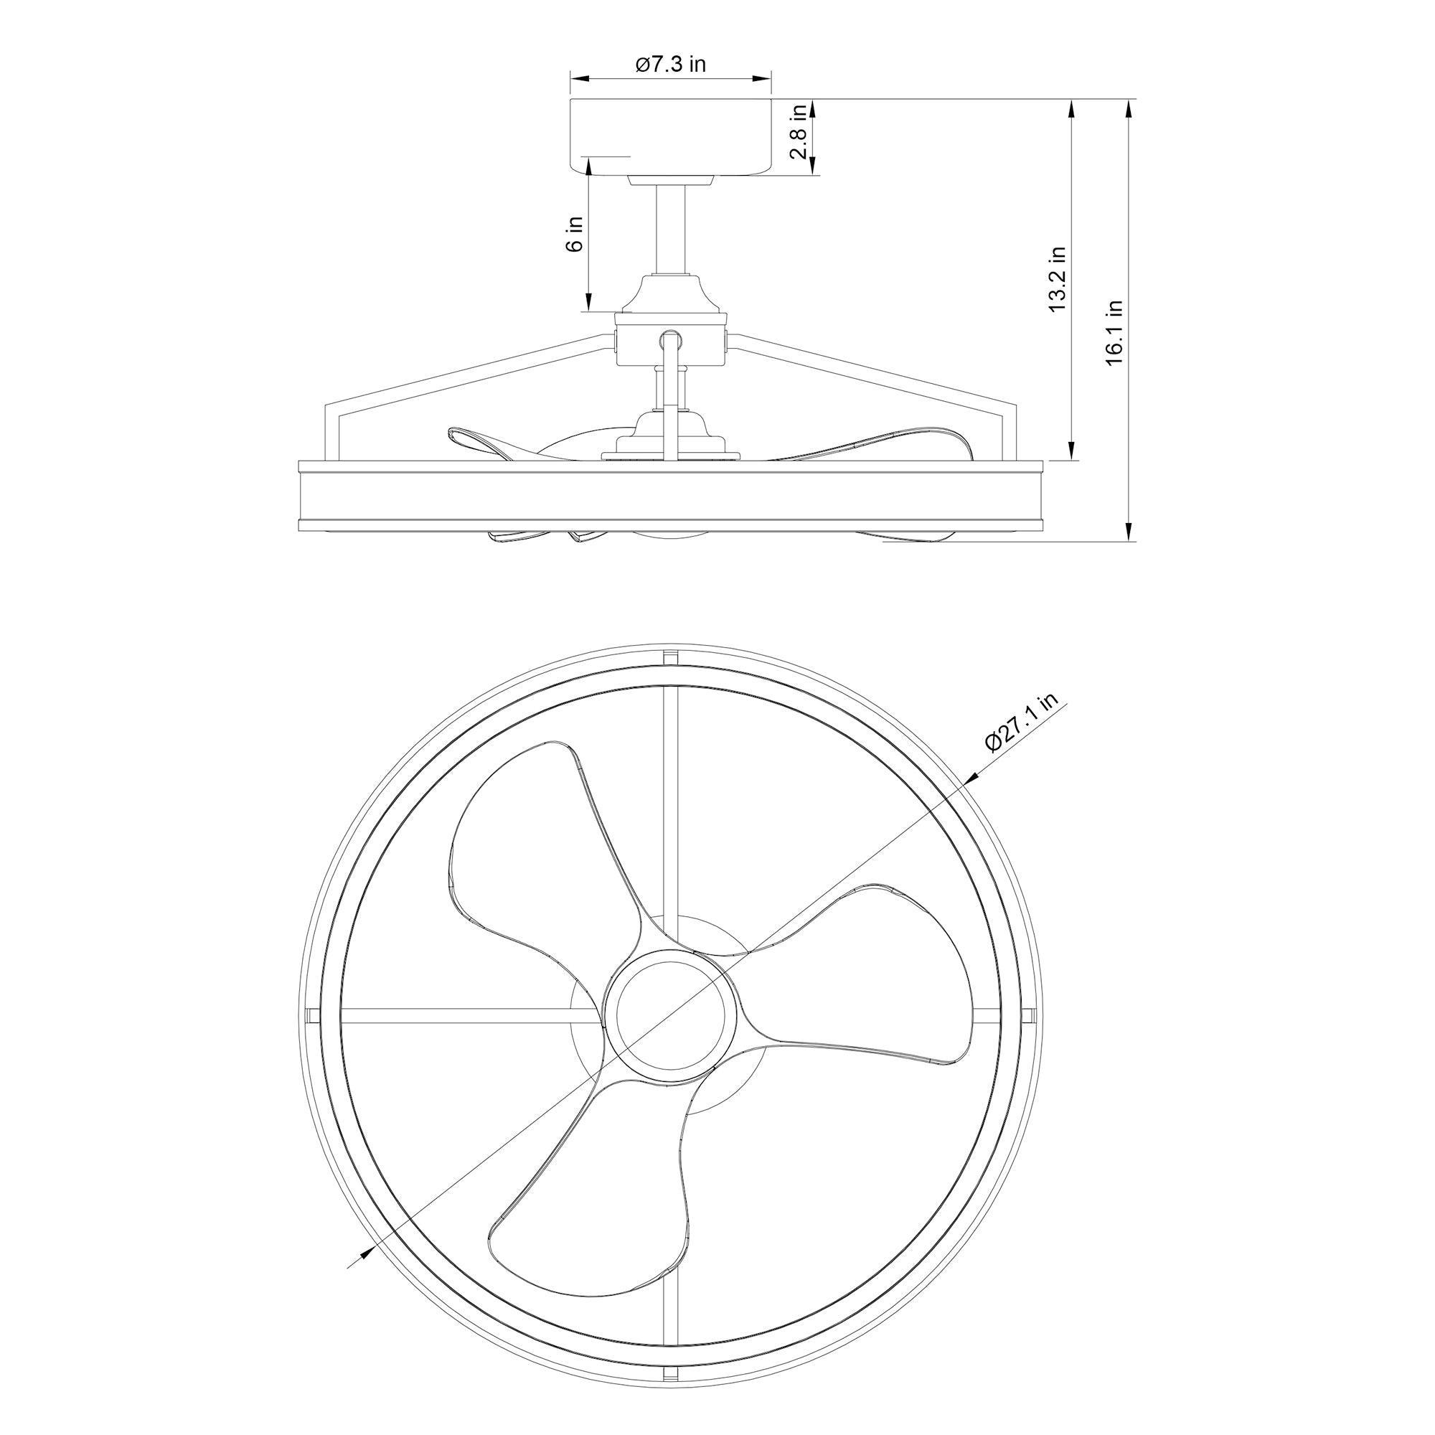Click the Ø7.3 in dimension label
point(670,65)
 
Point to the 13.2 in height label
point(1057,279)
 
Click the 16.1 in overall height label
point(1115,332)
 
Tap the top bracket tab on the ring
point(671,658)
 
